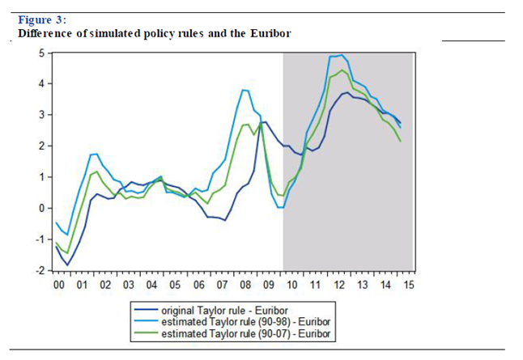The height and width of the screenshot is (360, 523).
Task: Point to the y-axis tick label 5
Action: pyautogui.click(x=40, y=53)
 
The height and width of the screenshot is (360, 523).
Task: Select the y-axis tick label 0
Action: pyautogui.click(x=40, y=208)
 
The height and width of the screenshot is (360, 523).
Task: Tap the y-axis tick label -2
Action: pyautogui.click(x=38, y=270)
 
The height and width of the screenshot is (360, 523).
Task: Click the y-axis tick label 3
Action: pyautogui.click(x=40, y=115)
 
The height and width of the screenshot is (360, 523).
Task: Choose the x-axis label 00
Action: pyautogui.click(x=58, y=286)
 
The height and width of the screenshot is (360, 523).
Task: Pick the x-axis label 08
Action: pyautogui.click(x=245, y=286)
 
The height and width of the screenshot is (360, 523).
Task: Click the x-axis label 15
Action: pyautogui.click(x=409, y=286)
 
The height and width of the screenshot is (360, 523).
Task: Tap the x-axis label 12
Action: pyautogui.click(x=338, y=286)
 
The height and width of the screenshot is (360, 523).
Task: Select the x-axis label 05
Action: pyautogui.click(x=175, y=286)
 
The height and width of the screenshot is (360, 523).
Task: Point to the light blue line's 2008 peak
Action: pyautogui.click(x=244, y=90)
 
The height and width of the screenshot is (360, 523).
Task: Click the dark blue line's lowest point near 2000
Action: pyautogui.click(x=68, y=265)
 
